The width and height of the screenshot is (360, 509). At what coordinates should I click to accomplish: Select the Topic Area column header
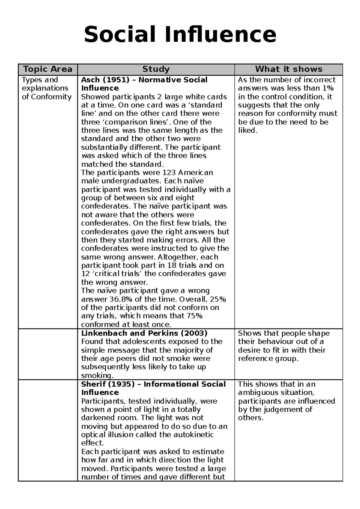(x=48, y=69)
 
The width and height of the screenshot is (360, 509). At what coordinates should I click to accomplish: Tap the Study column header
(x=156, y=69)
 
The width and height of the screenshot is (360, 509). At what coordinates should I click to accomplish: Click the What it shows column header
(x=289, y=69)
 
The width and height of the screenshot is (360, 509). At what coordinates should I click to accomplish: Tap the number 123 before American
(x=169, y=173)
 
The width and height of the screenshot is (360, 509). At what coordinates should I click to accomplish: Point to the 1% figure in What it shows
(x=328, y=88)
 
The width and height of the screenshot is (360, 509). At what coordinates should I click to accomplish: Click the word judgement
(x=284, y=409)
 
